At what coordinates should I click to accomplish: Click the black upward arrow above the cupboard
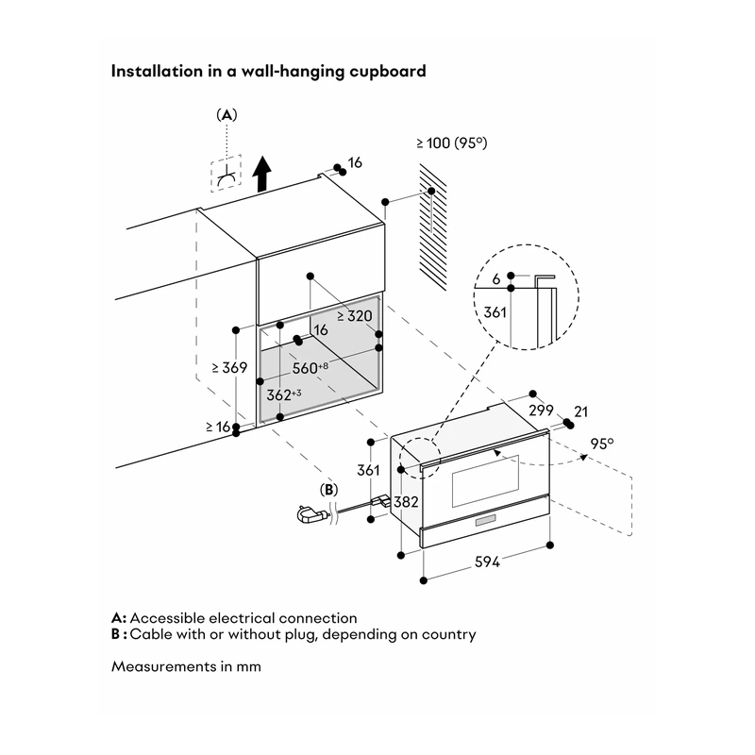[262, 174]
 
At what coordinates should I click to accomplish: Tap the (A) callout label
[226, 114]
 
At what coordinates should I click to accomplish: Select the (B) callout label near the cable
[328, 490]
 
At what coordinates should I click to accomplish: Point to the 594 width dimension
[487, 562]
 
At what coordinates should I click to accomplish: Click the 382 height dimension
[406, 502]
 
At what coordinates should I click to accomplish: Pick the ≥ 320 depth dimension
[355, 316]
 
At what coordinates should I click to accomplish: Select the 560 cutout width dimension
[310, 368]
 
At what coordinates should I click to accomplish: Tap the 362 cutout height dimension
[284, 394]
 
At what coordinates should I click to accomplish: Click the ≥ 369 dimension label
[229, 367]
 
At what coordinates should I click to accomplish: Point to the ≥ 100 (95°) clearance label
[452, 143]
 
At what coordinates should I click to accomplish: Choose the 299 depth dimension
[541, 411]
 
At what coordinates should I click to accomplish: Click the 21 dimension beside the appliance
[581, 411]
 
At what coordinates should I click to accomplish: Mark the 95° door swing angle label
[602, 444]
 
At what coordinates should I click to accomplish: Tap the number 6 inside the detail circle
[496, 278]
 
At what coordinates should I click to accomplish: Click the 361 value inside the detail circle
[495, 312]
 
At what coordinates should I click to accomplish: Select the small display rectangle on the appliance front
[486, 521]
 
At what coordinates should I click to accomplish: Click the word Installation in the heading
[158, 71]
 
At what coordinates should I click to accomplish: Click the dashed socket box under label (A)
[226, 174]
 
